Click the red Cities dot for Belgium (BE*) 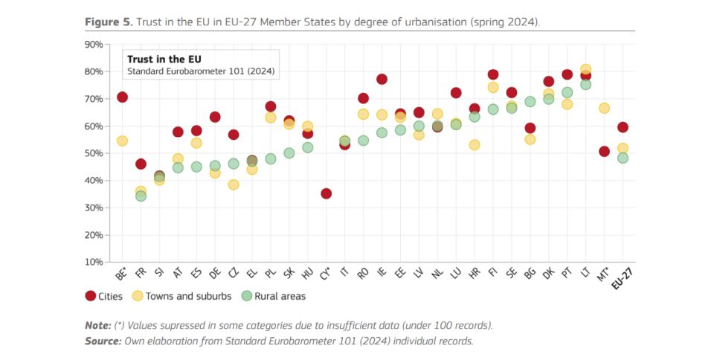122,97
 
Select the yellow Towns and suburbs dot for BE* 122,141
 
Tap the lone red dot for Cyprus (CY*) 326,193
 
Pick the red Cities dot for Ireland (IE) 382,80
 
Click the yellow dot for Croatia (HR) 475,145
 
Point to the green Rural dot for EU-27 623,158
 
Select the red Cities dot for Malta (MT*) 604,152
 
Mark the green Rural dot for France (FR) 141,196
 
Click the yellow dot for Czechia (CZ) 234,184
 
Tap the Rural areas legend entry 273,296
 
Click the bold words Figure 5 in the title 108,22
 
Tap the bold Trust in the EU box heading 164,59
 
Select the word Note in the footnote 98,326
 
